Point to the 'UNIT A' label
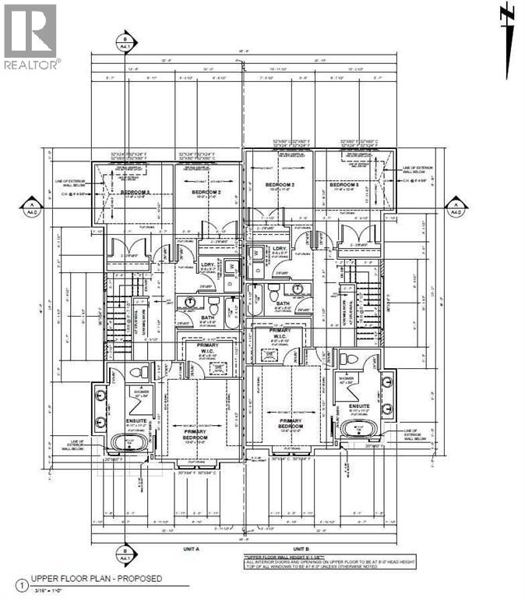[x=192, y=548]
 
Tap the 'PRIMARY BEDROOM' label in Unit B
[x=291, y=423]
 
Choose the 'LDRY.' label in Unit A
[x=208, y=264]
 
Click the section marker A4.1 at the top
[x=122, y=41]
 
